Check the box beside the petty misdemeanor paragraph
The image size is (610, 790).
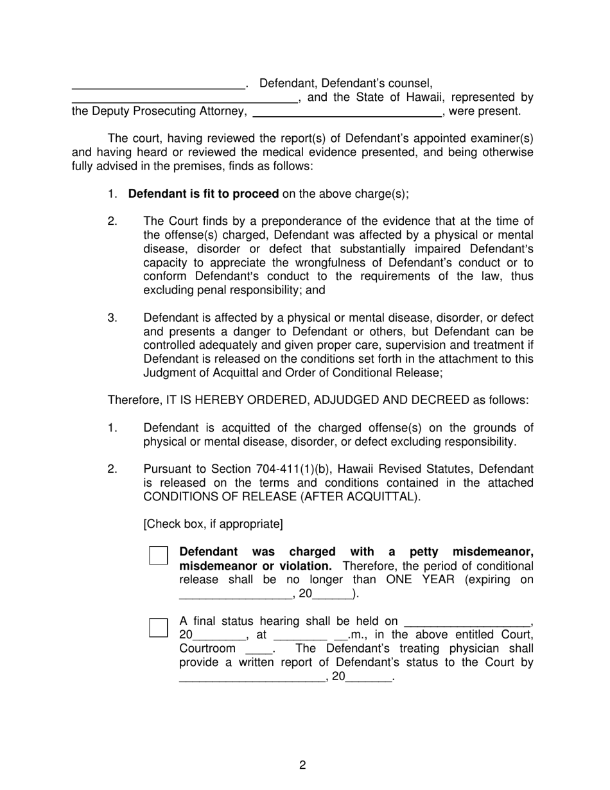coord(159,556)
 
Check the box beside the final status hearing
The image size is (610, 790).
coord(159,628)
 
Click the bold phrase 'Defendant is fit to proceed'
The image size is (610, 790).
coord(204,194)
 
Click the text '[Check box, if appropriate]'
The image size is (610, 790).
coord(213,524)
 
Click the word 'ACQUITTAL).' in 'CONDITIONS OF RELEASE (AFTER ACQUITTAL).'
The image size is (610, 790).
coord(381,496)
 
